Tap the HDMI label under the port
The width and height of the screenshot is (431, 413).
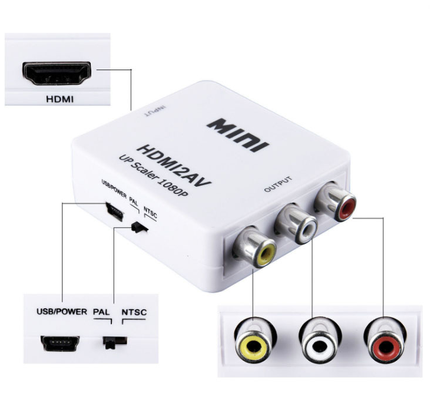59,99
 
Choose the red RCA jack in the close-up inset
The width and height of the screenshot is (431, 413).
383,345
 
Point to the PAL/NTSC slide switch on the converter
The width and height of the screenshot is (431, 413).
139,227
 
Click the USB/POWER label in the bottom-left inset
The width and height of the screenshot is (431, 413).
61,310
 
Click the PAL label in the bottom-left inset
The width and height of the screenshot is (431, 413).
101,311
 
